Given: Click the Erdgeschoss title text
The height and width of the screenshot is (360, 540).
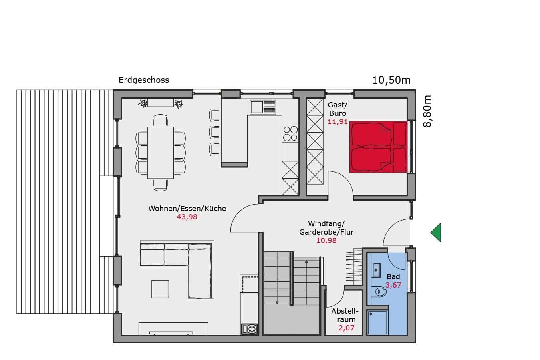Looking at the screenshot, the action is [x=144, y=80].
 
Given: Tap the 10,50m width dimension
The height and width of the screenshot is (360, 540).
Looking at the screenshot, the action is [x=391, y=80].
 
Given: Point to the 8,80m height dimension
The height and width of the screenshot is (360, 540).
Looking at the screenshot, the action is [x=427, y=111].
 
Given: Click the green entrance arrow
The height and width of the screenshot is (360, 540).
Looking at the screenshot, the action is [x=436, y=233].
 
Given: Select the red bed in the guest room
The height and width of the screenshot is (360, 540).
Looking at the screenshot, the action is [x=378, y=147].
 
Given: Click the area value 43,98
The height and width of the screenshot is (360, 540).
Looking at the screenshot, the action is [x=187, y=217].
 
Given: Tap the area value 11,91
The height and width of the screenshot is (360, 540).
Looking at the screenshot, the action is [x=337, y=122].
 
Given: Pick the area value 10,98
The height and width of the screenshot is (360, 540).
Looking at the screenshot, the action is [x=326, y=240].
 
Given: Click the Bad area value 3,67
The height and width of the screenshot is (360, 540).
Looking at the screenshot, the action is [x=393, y=285].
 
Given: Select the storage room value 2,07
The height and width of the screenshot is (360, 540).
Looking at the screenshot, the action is [x=346, y=328].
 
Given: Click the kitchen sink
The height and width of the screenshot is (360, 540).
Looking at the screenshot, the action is [x=263, y=107].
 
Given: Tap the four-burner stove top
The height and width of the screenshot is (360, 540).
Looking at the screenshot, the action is [x=290, y=133].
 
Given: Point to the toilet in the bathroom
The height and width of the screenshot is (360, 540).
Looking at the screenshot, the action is [x=379, y=292].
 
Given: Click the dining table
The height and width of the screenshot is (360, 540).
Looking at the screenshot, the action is [x=161, y=153].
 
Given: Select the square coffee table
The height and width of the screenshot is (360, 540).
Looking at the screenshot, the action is [x=160, y=289].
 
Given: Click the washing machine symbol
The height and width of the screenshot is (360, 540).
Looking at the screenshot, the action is [x=249, y=329].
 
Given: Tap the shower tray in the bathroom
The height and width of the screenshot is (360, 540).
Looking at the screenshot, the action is [x=377, y=323].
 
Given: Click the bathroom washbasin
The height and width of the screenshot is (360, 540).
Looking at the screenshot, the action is [x=376, y=270].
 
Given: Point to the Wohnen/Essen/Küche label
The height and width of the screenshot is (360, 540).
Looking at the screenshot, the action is [x=187, y=209].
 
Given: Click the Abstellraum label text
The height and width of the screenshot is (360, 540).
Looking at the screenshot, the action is [x=345, y=315].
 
